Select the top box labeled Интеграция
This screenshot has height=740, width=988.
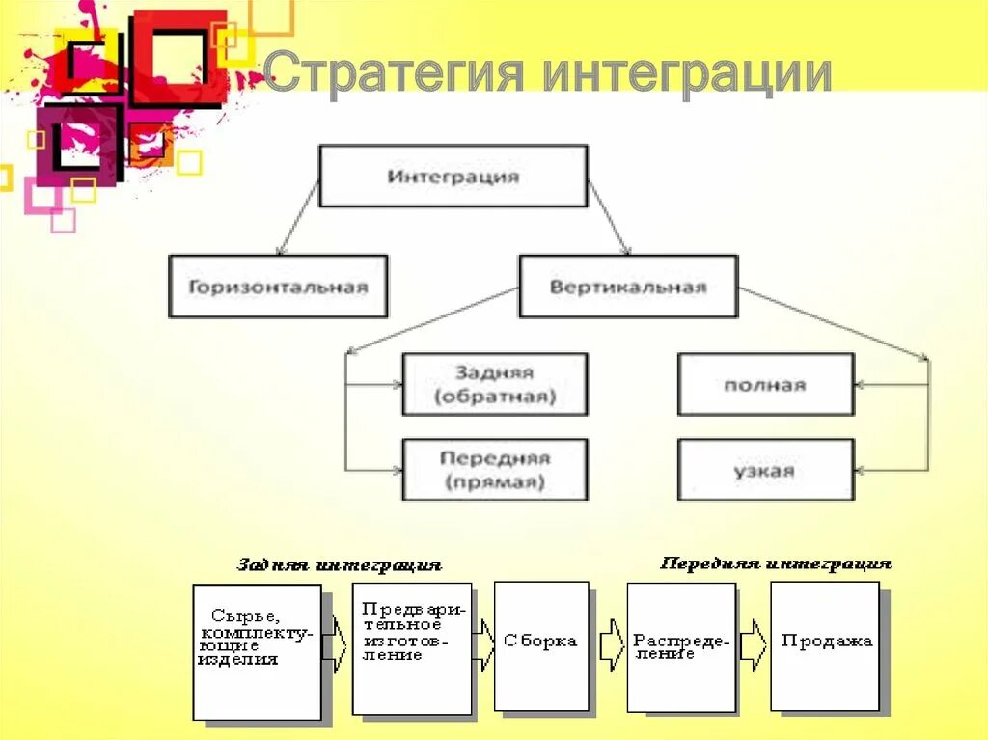453,176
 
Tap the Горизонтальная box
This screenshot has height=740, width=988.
278,287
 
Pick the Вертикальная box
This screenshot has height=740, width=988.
628,287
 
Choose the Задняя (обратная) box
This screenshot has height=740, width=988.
494,384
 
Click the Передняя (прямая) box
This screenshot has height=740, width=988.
494,470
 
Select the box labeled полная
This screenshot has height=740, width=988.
765,384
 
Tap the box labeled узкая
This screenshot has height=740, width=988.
765,470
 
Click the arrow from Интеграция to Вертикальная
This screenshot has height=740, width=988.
609,217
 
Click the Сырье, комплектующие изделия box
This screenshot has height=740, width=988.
257,651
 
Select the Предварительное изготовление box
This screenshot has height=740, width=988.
412,648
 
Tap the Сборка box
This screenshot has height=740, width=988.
541,644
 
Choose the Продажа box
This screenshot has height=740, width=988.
825,644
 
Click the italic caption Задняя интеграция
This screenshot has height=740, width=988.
339,564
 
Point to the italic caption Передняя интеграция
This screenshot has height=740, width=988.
775,562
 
